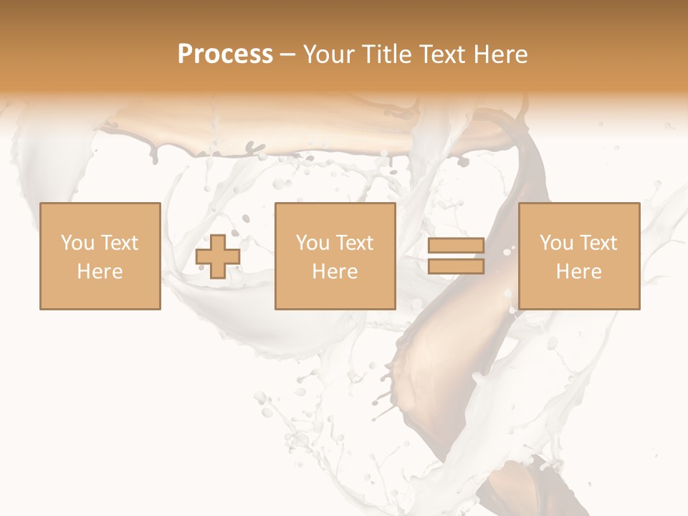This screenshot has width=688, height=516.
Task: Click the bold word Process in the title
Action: coord(225,54)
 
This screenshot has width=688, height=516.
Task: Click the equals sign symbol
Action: coord(456,256)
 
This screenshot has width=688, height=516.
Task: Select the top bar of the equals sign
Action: coord(456,247)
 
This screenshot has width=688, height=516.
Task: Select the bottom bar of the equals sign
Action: coord(456,266)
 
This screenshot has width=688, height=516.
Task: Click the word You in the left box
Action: coord(76,243)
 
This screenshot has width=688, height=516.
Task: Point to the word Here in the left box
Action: coord(100,272)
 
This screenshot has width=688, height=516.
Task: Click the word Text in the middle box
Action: coord(355,243)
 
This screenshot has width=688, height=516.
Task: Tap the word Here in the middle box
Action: coord(335,272)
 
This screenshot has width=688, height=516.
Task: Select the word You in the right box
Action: coord(555,243)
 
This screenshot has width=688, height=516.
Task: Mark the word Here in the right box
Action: coord(578,272)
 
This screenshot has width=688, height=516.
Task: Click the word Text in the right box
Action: coord(598,243)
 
